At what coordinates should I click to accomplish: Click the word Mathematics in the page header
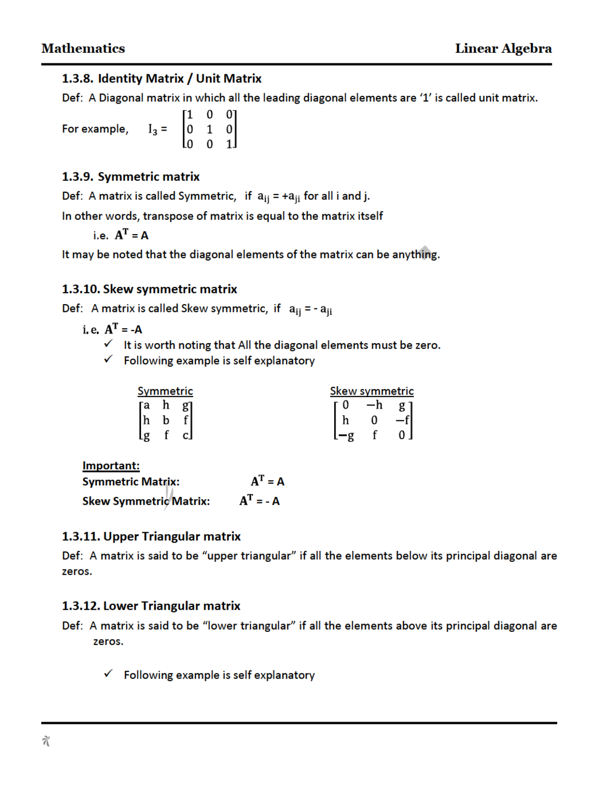(83, 48)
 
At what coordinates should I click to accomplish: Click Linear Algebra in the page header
(503, 48)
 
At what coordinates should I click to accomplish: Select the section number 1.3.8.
(77, 79)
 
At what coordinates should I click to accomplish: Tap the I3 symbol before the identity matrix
(153, 129)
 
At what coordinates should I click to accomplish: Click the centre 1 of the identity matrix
(209, 129)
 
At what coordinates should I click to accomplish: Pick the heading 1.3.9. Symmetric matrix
(130, 177)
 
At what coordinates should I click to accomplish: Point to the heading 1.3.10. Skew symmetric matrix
(149, 289)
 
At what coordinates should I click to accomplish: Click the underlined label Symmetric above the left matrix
(165, 391)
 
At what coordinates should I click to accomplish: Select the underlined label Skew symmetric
(372, 391)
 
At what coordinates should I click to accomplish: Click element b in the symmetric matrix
(166, 420)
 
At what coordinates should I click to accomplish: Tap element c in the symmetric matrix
(186, 435)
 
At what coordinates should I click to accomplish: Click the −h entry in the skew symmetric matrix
(374, 405)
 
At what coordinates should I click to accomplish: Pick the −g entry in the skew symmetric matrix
(346, 435)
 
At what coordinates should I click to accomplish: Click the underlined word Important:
(111, 466)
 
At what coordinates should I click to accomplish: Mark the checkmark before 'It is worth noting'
(108, 344)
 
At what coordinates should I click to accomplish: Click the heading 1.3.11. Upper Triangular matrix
(151, 537)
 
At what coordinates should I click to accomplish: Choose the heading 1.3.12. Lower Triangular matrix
(151, 606)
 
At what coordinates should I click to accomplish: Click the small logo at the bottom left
(46, 741)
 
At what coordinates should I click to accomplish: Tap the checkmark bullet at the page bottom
(108, 673)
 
